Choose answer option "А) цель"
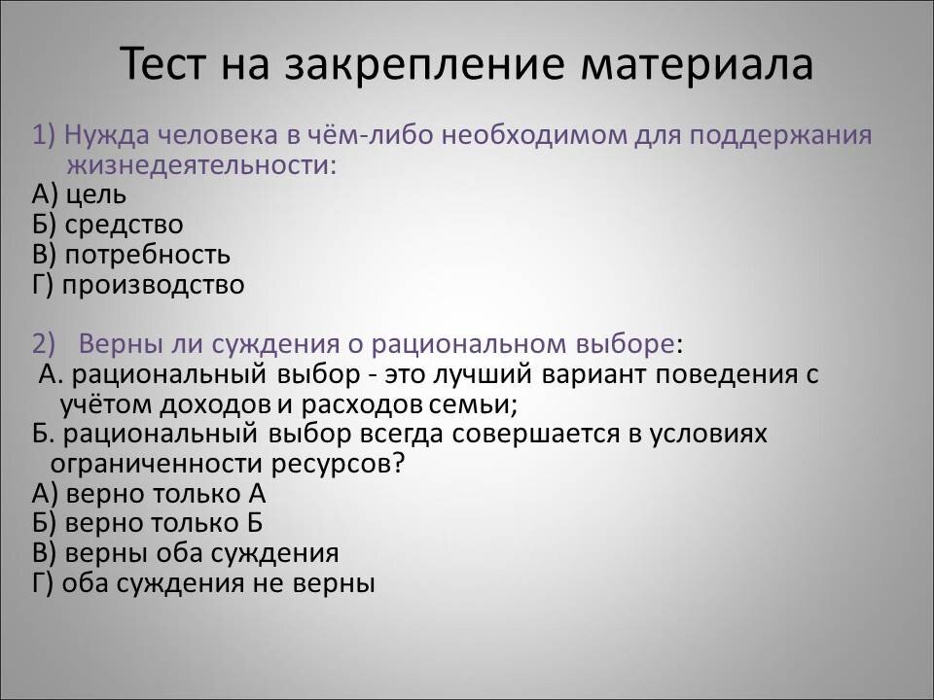[x=79, y=194]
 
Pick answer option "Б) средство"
[x=107, y=225]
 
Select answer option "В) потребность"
[x=130, y=255]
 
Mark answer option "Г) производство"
[x=137, y=285]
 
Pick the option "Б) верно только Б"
[x=147, y=523]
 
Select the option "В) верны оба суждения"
[x=185, y=553]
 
